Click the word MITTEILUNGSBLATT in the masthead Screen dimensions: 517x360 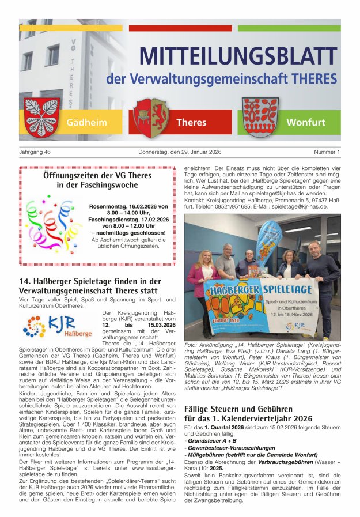[238, 56]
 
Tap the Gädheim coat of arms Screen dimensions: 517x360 [41, 116]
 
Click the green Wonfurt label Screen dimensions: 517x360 [305, 122]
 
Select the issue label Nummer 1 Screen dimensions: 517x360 [327, 152]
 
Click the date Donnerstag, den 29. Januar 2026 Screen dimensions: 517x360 [180, 152]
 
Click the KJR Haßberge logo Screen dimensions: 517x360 [58, 326]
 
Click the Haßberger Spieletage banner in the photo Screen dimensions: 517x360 [261, 305]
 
